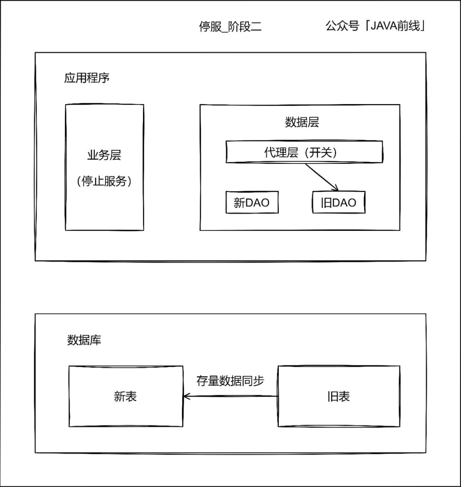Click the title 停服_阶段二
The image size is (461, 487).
point(230,27)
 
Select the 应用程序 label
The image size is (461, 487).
point(87,79)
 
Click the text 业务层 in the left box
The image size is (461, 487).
point(104,155)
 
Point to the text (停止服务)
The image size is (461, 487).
point(104,181)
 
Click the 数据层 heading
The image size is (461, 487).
point(301,122)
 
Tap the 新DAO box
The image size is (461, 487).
point(252,202)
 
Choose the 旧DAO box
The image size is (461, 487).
point(339,202)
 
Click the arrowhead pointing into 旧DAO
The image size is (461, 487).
point(336,188)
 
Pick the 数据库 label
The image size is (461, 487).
point(84,341)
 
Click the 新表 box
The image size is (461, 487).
point(125,396)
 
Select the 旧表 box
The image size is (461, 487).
point(339,396)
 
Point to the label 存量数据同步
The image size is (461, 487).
point(230,381)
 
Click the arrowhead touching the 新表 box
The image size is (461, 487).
point(186,397)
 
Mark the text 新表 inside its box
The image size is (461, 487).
point(125,397)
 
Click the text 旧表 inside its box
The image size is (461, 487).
point(339,397)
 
